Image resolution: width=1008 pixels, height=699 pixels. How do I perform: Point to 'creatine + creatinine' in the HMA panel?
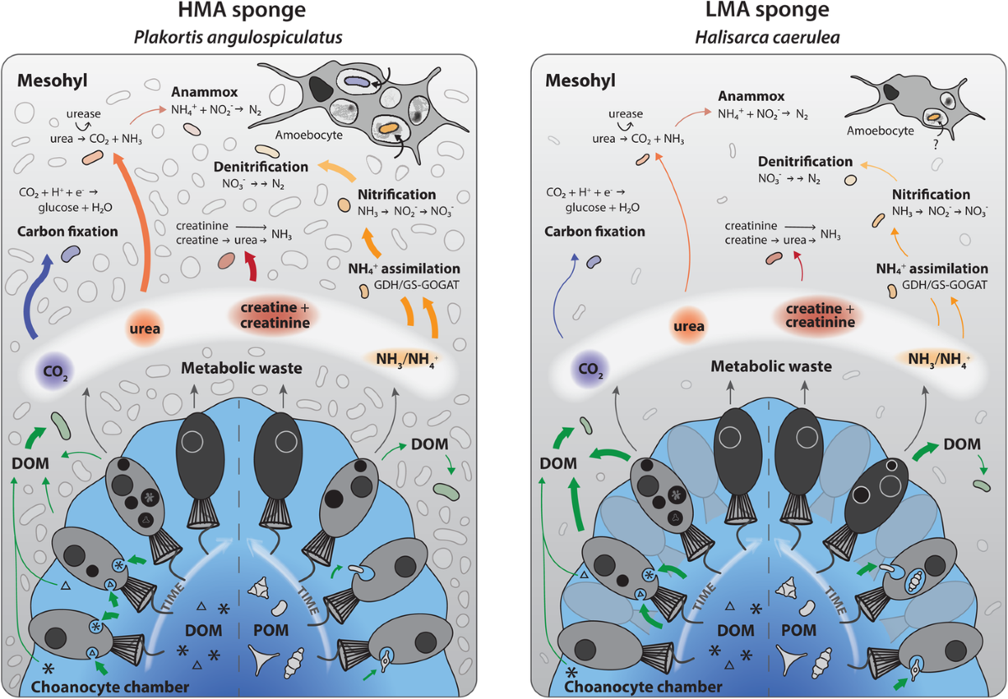278,315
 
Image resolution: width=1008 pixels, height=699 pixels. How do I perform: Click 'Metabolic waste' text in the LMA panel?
771,366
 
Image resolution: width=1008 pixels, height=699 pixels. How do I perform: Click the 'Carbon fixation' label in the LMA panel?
594,231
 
